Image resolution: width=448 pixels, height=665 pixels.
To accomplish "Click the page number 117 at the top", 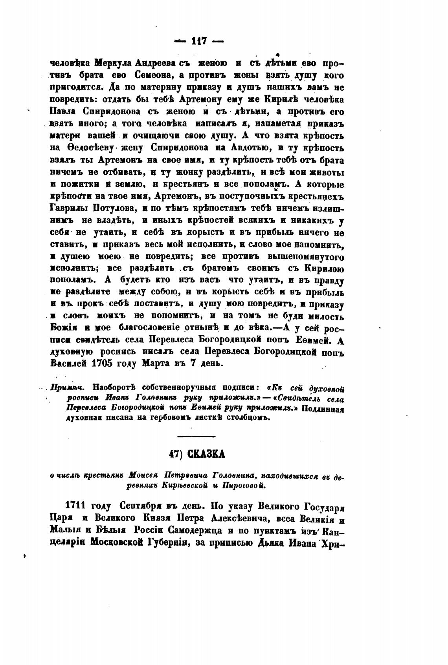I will [x=198, y=40].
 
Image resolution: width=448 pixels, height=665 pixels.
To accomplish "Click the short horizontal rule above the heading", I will [x=196, y=436].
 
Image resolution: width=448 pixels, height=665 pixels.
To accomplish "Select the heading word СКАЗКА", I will [x=206, y=454].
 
